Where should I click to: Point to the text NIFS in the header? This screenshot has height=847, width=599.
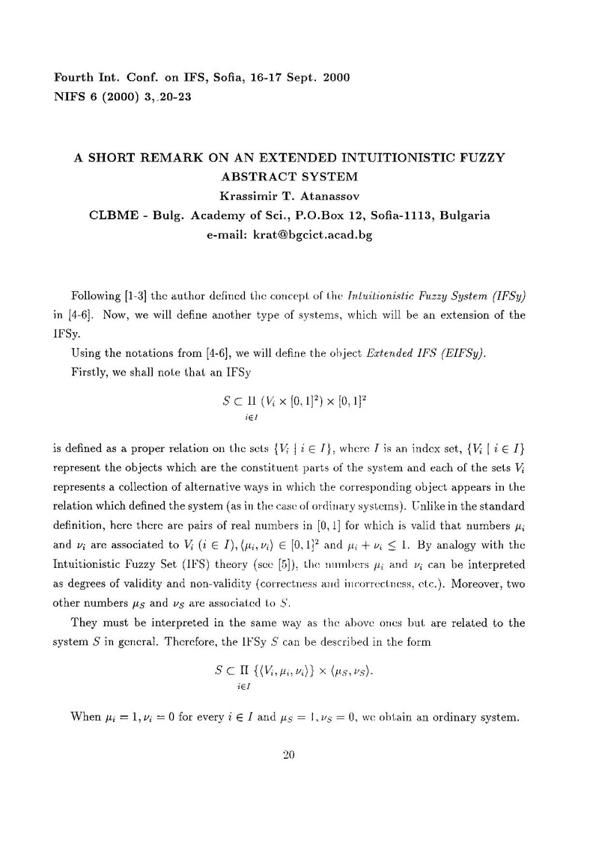pyautogui.click(x=66, y=97)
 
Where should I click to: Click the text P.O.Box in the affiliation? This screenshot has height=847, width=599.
pyautogui.click(x=319, y=215)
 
